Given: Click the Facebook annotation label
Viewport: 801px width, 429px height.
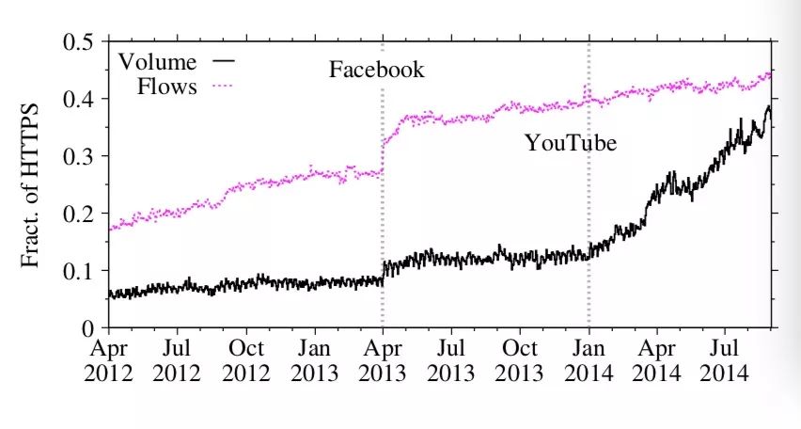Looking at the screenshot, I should (x=376, y=70).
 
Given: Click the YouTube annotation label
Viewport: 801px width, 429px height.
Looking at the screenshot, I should (x=571, y=144).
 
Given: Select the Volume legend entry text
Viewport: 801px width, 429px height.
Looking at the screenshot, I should (x=157, y=63).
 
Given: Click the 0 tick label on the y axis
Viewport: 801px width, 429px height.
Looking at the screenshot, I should (x=88, y=328).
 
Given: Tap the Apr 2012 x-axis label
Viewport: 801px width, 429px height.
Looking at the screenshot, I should (x=108, y=361).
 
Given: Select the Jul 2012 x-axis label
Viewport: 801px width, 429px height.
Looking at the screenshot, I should (x=177, y=361).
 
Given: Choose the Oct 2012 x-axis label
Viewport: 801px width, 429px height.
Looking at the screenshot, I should (x=246, y=361).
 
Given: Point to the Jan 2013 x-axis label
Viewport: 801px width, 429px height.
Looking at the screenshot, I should (x=315, y=361).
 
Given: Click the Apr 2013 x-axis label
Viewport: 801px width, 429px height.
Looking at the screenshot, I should (x=382, y=361).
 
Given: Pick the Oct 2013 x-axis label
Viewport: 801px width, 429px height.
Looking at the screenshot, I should (x=520, y=361).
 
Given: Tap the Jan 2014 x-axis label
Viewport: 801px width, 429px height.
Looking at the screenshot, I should (x=589, y=361).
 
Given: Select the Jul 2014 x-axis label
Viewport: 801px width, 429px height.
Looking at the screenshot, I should (x=725, y=361).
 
